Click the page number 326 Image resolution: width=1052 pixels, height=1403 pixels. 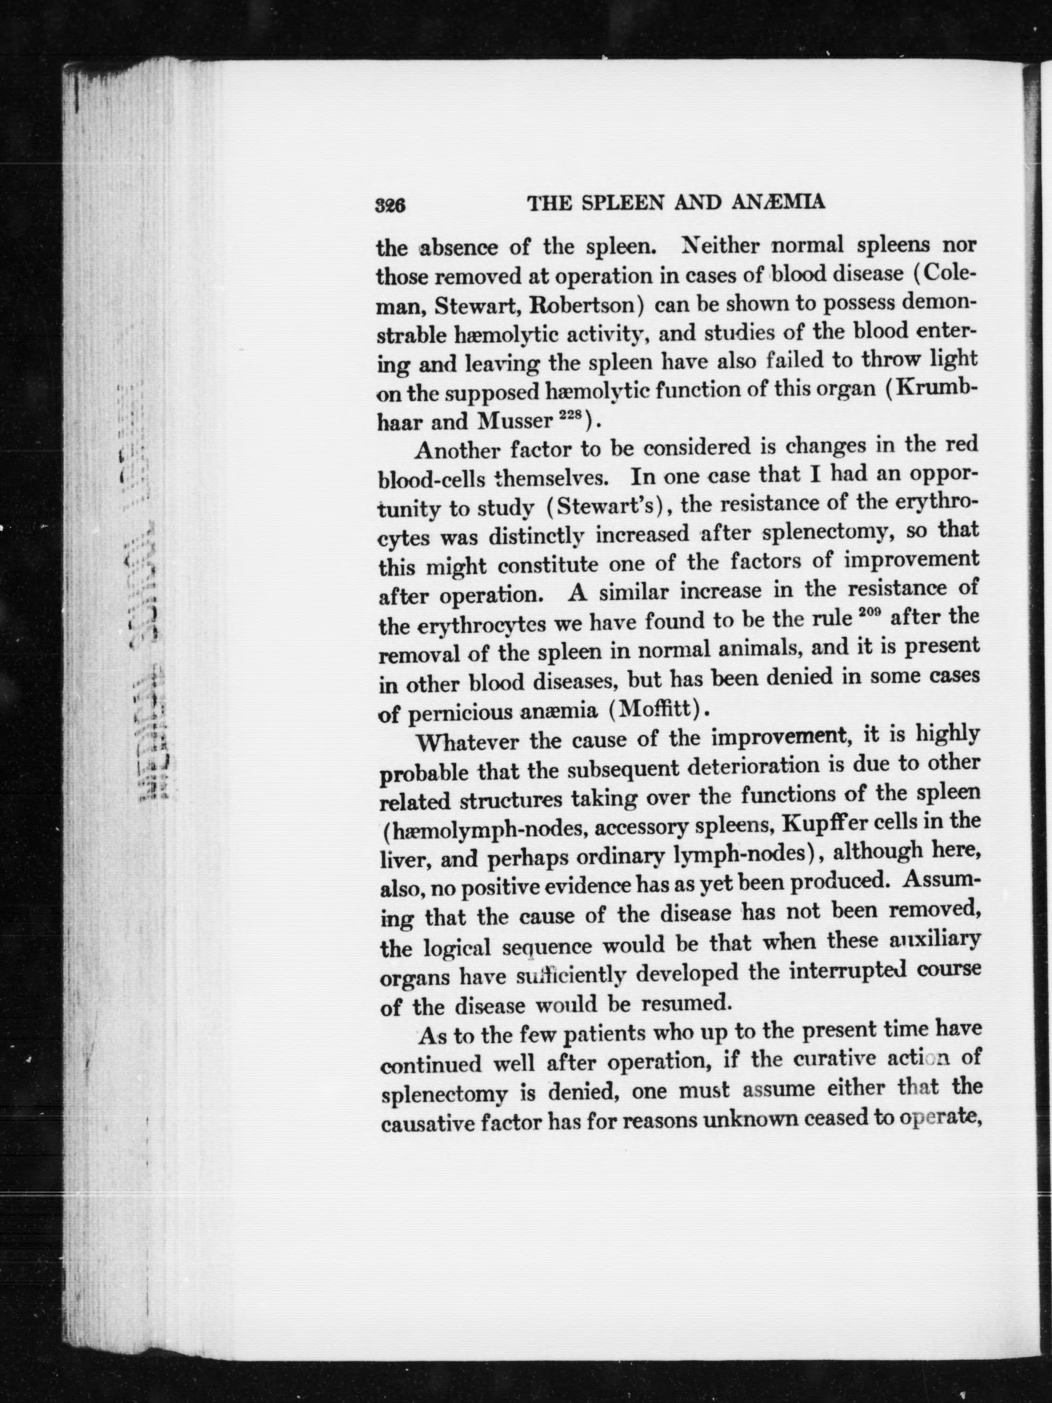pos(390,205)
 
